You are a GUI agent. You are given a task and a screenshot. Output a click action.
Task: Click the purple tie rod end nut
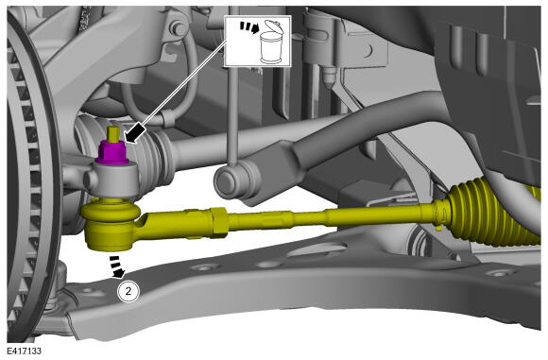click(111, 152)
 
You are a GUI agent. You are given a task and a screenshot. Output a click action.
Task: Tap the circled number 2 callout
click(128, 291)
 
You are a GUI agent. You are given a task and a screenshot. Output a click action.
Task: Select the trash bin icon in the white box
click(271, 43)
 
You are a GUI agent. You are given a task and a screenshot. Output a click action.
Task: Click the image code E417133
click(24, 351)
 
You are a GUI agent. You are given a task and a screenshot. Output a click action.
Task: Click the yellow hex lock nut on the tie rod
click(220, 220)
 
